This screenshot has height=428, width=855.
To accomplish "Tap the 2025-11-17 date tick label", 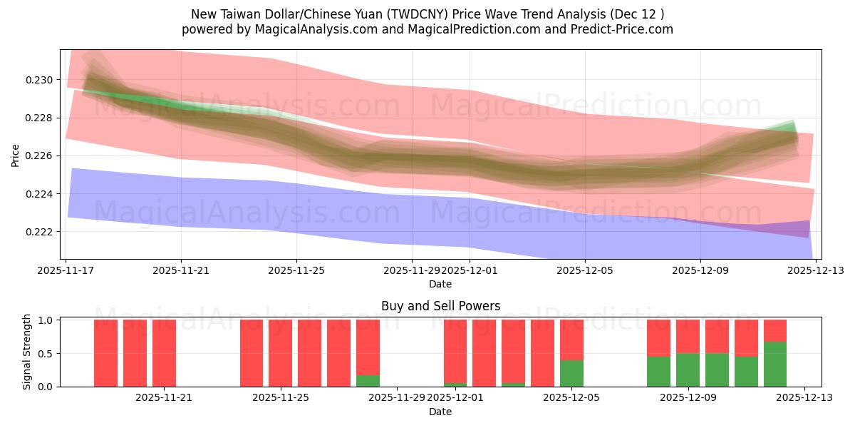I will [x=66, y=271].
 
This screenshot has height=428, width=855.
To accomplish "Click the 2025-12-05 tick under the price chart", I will [x=585, y=271].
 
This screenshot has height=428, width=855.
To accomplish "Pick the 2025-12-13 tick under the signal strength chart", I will [x=804, y=398].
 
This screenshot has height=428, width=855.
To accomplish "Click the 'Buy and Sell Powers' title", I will [x=440, y=306].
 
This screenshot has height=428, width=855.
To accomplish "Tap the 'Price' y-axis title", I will [x=16, y=155].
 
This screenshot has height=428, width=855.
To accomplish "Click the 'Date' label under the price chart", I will [x=440, y=284].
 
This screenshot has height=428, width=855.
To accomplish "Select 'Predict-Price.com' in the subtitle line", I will [x=619, y=29].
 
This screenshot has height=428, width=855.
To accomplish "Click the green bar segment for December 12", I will [x=775, y=364].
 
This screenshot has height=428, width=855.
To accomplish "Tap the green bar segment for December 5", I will [x=571, y=373].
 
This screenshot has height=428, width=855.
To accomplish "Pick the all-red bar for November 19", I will [x=135, y=353].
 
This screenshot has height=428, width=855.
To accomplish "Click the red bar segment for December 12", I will [x=775, y=330].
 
